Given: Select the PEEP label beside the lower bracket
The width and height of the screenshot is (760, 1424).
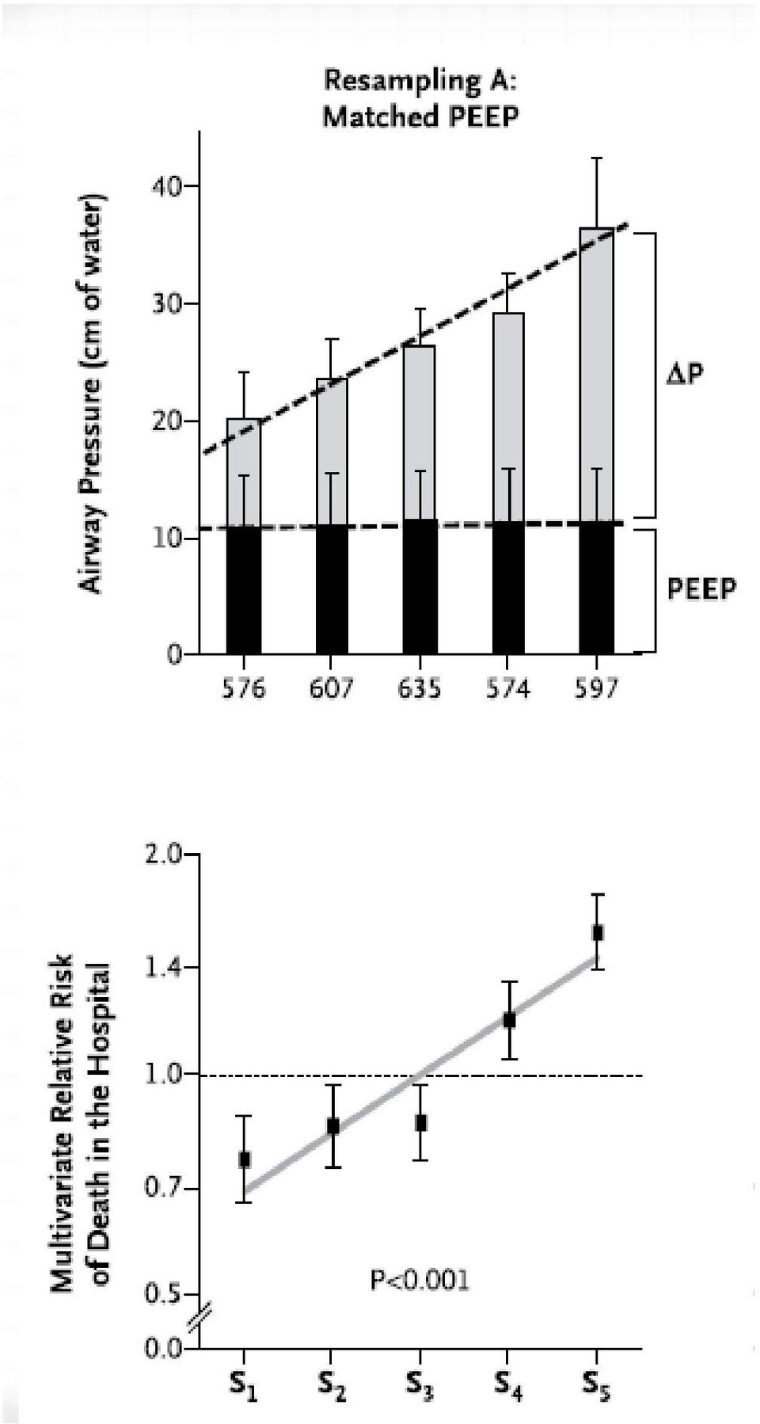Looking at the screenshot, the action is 701,588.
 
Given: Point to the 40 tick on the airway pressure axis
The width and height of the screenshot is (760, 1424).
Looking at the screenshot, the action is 166,186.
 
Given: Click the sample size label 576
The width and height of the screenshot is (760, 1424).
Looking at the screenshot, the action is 243,689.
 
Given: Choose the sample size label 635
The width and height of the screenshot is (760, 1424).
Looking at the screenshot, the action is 420,689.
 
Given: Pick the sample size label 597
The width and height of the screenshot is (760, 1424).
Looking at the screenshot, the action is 596,689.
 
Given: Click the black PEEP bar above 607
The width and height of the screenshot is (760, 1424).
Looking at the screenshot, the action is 332,589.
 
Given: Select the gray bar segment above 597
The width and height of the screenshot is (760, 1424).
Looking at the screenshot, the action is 596,375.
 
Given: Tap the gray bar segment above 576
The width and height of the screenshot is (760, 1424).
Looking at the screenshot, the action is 243,473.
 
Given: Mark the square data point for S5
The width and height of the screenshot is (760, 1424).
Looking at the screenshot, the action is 598,932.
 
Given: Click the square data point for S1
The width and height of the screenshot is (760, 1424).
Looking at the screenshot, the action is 245,1159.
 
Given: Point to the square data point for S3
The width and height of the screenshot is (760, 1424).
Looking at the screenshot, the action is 421,1122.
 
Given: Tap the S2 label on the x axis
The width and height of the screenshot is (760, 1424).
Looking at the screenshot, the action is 332,1384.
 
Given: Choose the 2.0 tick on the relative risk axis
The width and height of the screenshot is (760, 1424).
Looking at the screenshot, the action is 164,855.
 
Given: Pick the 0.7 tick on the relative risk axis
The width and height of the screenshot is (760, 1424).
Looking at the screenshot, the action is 164,1189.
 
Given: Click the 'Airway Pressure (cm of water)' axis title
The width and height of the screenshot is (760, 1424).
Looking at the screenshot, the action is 93,393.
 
